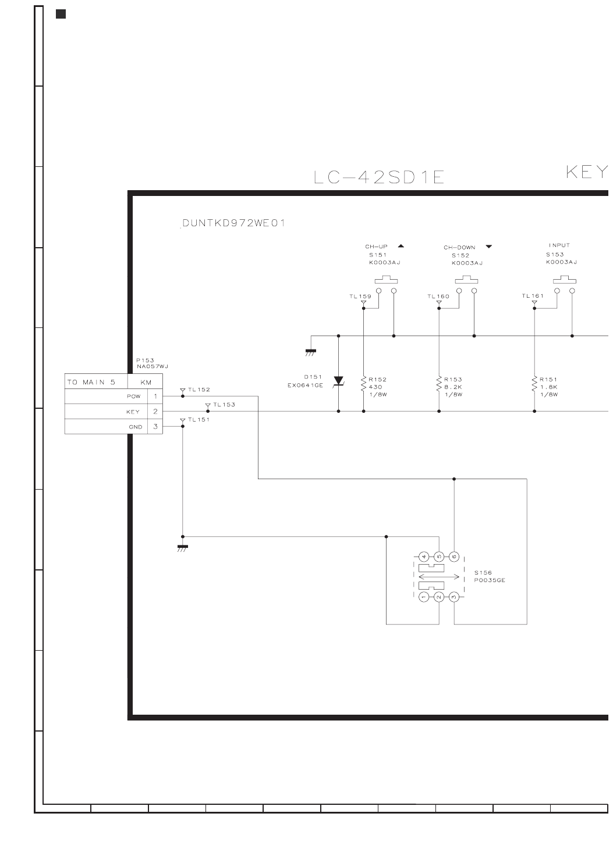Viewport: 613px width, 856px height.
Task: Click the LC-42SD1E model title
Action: click(x=378, y=177)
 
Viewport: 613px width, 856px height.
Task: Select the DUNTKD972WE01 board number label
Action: click(x=233, y=223)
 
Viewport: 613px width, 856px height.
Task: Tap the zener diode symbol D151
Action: click(x=338, y=381)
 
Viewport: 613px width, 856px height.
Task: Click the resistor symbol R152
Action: click(x=364, y=384)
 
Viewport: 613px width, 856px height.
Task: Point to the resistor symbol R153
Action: click(x=439, y=384)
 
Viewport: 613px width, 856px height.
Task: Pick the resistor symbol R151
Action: click(x=534, y=384)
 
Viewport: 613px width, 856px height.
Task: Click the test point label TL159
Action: click(x=360, y=297)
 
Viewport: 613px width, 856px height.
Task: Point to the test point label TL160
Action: click(x=438, y=297)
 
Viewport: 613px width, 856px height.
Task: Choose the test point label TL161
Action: click(x=533, y=296)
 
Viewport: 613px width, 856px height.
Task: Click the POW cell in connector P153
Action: click(x=133, y=397)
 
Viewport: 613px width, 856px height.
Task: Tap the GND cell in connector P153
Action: click(x=135, y=427)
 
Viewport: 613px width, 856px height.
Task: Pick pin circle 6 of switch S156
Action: click(x=454, y=557)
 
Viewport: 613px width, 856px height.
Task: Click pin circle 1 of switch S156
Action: click(x=424, y=597)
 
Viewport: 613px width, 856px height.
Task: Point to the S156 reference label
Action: click(x=483, y=573)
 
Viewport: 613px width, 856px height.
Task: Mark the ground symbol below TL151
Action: click(x=182, y=547)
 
